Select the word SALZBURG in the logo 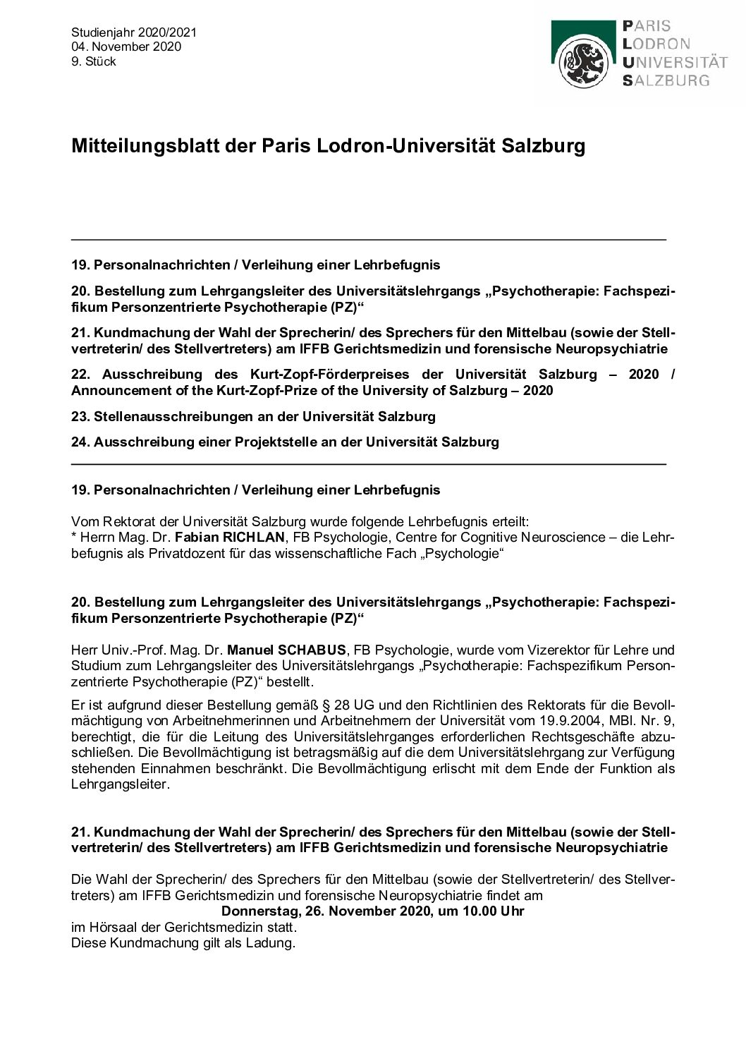[x=666, y=80]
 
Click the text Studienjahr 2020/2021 [x=134, y=32]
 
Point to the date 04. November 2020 [x=126, y=47]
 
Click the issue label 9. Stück [x=93, y=61]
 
